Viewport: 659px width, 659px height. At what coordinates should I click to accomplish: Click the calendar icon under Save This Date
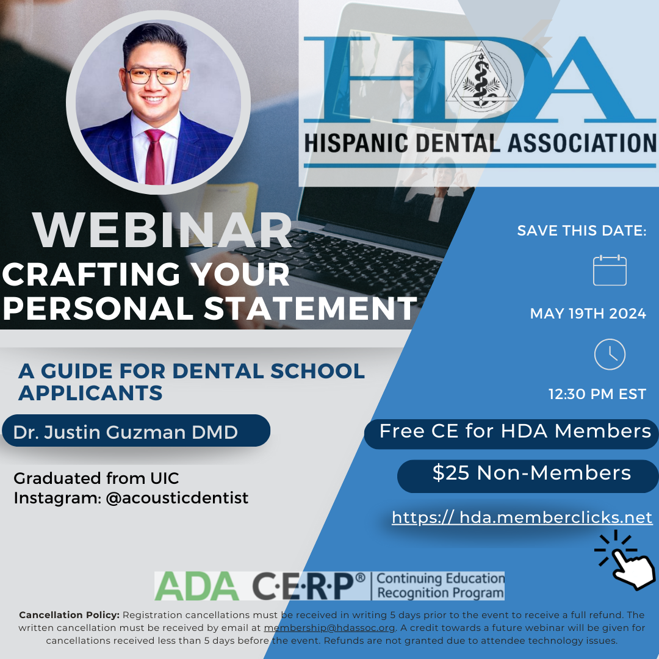coord(610,270)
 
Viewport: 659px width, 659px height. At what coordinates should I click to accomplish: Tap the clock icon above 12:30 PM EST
coord(610,355)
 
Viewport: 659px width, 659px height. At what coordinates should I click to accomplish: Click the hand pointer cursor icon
coord(627,561)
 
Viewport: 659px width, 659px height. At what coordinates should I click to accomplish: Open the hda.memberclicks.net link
coord(522,517)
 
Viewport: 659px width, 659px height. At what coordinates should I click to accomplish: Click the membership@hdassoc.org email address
coord(329,627)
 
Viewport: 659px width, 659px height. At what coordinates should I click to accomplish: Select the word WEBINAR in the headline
coord(162,230)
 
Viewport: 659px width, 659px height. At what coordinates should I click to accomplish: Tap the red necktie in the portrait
coord(154,157)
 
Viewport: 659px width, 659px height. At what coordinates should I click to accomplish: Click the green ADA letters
coord(196,586)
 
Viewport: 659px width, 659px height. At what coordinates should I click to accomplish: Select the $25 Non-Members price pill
coord(528,476)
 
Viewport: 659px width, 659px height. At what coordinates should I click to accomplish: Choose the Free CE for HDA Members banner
coord(511,433)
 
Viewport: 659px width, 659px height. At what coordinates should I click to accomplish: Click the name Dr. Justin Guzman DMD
coord(125,432)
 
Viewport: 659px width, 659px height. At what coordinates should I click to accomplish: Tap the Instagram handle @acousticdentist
coord(177,498)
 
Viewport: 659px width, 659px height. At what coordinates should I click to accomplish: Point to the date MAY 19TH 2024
coord(588,314)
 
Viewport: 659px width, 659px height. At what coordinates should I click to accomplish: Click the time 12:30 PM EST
coord(597,394)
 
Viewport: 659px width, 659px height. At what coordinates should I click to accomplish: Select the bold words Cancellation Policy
coord(70,615)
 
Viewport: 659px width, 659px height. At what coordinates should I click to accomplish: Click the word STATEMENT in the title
coord(311,308)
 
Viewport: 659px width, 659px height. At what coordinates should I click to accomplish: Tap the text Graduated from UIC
coord(96,478)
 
